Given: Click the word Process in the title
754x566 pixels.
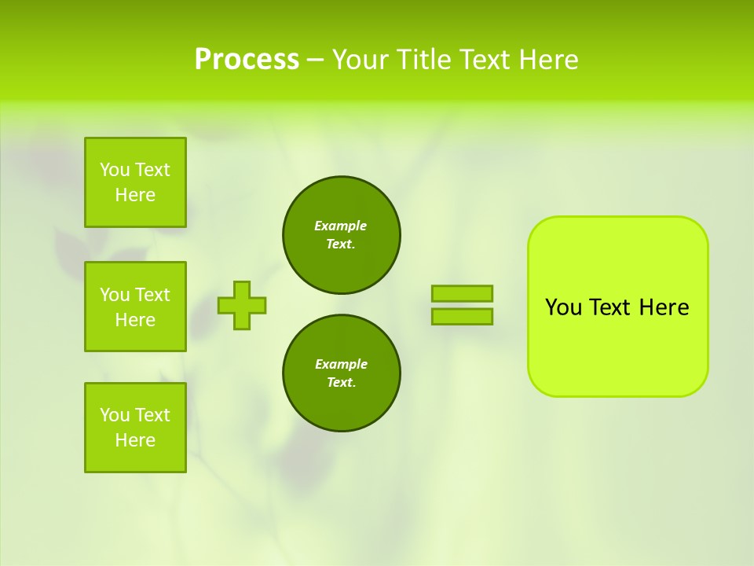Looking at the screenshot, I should (x=247, y=59).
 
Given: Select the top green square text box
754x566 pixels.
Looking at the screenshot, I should (x=135, y=182).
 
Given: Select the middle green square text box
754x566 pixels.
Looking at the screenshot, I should (x=135, y=307).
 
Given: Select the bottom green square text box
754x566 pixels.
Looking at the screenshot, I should (x=135, y=428).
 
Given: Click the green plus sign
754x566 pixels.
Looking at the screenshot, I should (x=242, y=305).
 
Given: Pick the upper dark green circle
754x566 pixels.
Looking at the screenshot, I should (x=342, y=235).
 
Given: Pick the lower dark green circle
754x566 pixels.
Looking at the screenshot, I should (x=342, y=373).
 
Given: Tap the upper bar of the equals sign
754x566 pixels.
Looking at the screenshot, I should (x=463, y=293).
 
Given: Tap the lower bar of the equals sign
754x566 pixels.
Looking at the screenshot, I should (x=463, y=317).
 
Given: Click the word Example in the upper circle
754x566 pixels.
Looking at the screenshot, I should (x=341, y=226).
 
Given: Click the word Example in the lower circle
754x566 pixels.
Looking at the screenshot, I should (x=341, y=364).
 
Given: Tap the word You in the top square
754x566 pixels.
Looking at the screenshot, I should (x=115, y=170).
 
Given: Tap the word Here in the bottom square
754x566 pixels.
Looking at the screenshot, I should (x=135, y=440).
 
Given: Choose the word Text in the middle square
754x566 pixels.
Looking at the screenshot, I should (x=152, y=295).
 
